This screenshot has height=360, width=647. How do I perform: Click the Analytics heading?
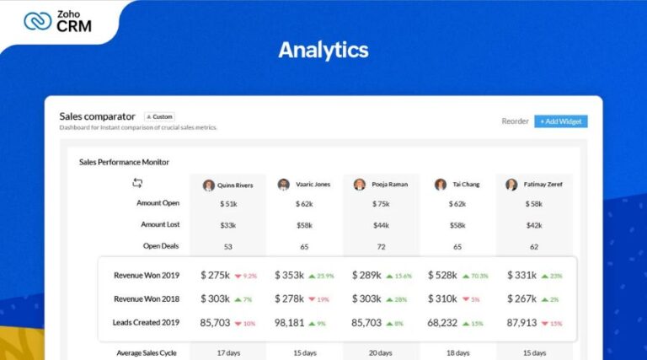323,50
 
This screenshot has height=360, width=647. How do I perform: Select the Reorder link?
515,121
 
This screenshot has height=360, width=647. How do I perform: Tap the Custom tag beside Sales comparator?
159,116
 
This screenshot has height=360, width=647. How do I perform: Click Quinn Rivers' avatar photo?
208,185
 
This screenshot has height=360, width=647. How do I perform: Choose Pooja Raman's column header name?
390,185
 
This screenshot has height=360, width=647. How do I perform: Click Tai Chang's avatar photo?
440,185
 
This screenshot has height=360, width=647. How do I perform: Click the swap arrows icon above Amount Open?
137,183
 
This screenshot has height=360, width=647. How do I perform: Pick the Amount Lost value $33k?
227,225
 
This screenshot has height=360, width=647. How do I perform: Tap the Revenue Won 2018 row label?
146,298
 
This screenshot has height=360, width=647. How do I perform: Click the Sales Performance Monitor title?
124,161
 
